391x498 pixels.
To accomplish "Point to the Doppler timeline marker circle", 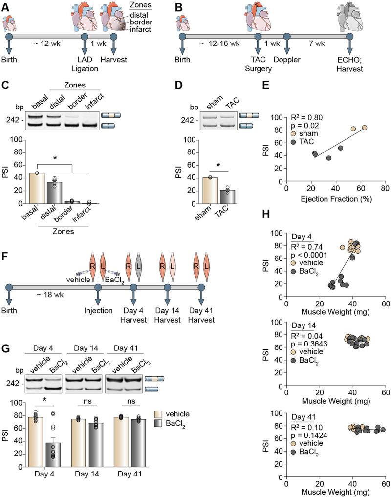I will [x=287, y=36].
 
